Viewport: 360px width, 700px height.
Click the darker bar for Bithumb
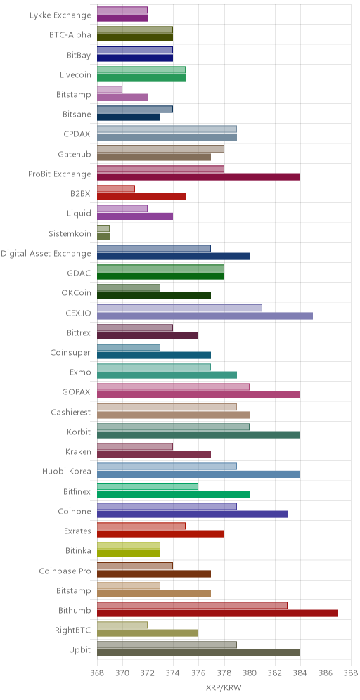click(x=217, y=613)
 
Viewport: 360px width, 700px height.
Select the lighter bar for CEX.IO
click(x=179, y=308)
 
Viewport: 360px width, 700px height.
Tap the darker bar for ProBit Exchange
click(x=198, y=177)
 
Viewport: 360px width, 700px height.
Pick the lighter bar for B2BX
click(x=116, y=188)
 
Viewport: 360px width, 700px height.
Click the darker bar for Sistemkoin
click(x=103, y=236)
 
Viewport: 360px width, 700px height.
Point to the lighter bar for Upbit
click(x=167, y=644)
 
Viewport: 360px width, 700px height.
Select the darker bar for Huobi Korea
click(x=198, y=474)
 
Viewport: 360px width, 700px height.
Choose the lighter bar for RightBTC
click(x=122, y=625)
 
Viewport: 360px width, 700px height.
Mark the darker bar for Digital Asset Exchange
click(x=173, y=257)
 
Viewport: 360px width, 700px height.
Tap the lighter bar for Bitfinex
click(x=148, y=486)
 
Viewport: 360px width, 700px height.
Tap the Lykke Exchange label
click(x=60, y=15)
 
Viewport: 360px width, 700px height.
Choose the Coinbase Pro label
click(x=65, y=571)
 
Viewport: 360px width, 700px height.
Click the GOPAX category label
click(x=77, y=392)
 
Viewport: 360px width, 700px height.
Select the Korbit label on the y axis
click(x=79, y=432)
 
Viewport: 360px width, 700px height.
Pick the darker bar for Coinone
click(x=192, y=514)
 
